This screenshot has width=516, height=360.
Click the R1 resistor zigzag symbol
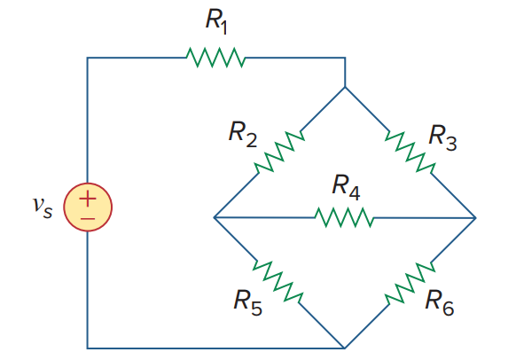(x=215, y=59)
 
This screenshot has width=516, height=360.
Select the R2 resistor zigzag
(x=278, y=153)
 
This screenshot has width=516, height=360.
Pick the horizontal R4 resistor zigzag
(x=345, y=217)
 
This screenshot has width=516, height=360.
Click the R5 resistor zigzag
(x=278, y=282)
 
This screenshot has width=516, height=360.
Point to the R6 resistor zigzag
(x=410, y=282)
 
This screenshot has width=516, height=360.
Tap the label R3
(x=443, y=135)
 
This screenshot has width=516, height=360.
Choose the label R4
(x=346, y=186)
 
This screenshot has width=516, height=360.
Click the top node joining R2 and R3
(x=344, y=88)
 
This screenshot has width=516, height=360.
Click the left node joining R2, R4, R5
(x=215, y=217)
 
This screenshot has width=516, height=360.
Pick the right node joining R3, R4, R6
(x=475, y=217)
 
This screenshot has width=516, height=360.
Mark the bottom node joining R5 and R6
(x=344, y=347)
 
